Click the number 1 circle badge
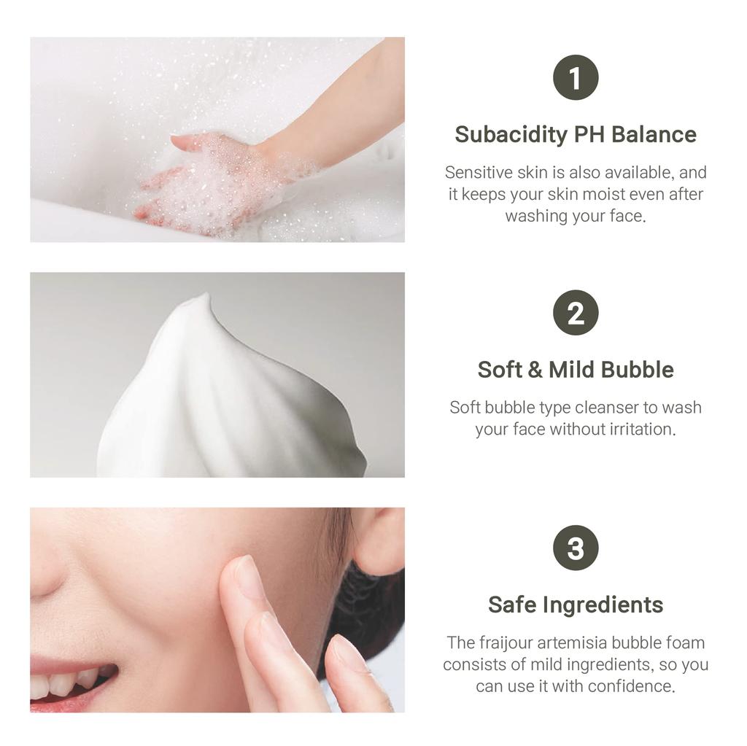pos(576,78)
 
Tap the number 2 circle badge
pos(576,313)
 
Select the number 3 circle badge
pos(576,548)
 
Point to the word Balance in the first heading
pos(654,135)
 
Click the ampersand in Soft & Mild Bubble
pos(535,370)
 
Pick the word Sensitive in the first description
pos(478,173)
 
